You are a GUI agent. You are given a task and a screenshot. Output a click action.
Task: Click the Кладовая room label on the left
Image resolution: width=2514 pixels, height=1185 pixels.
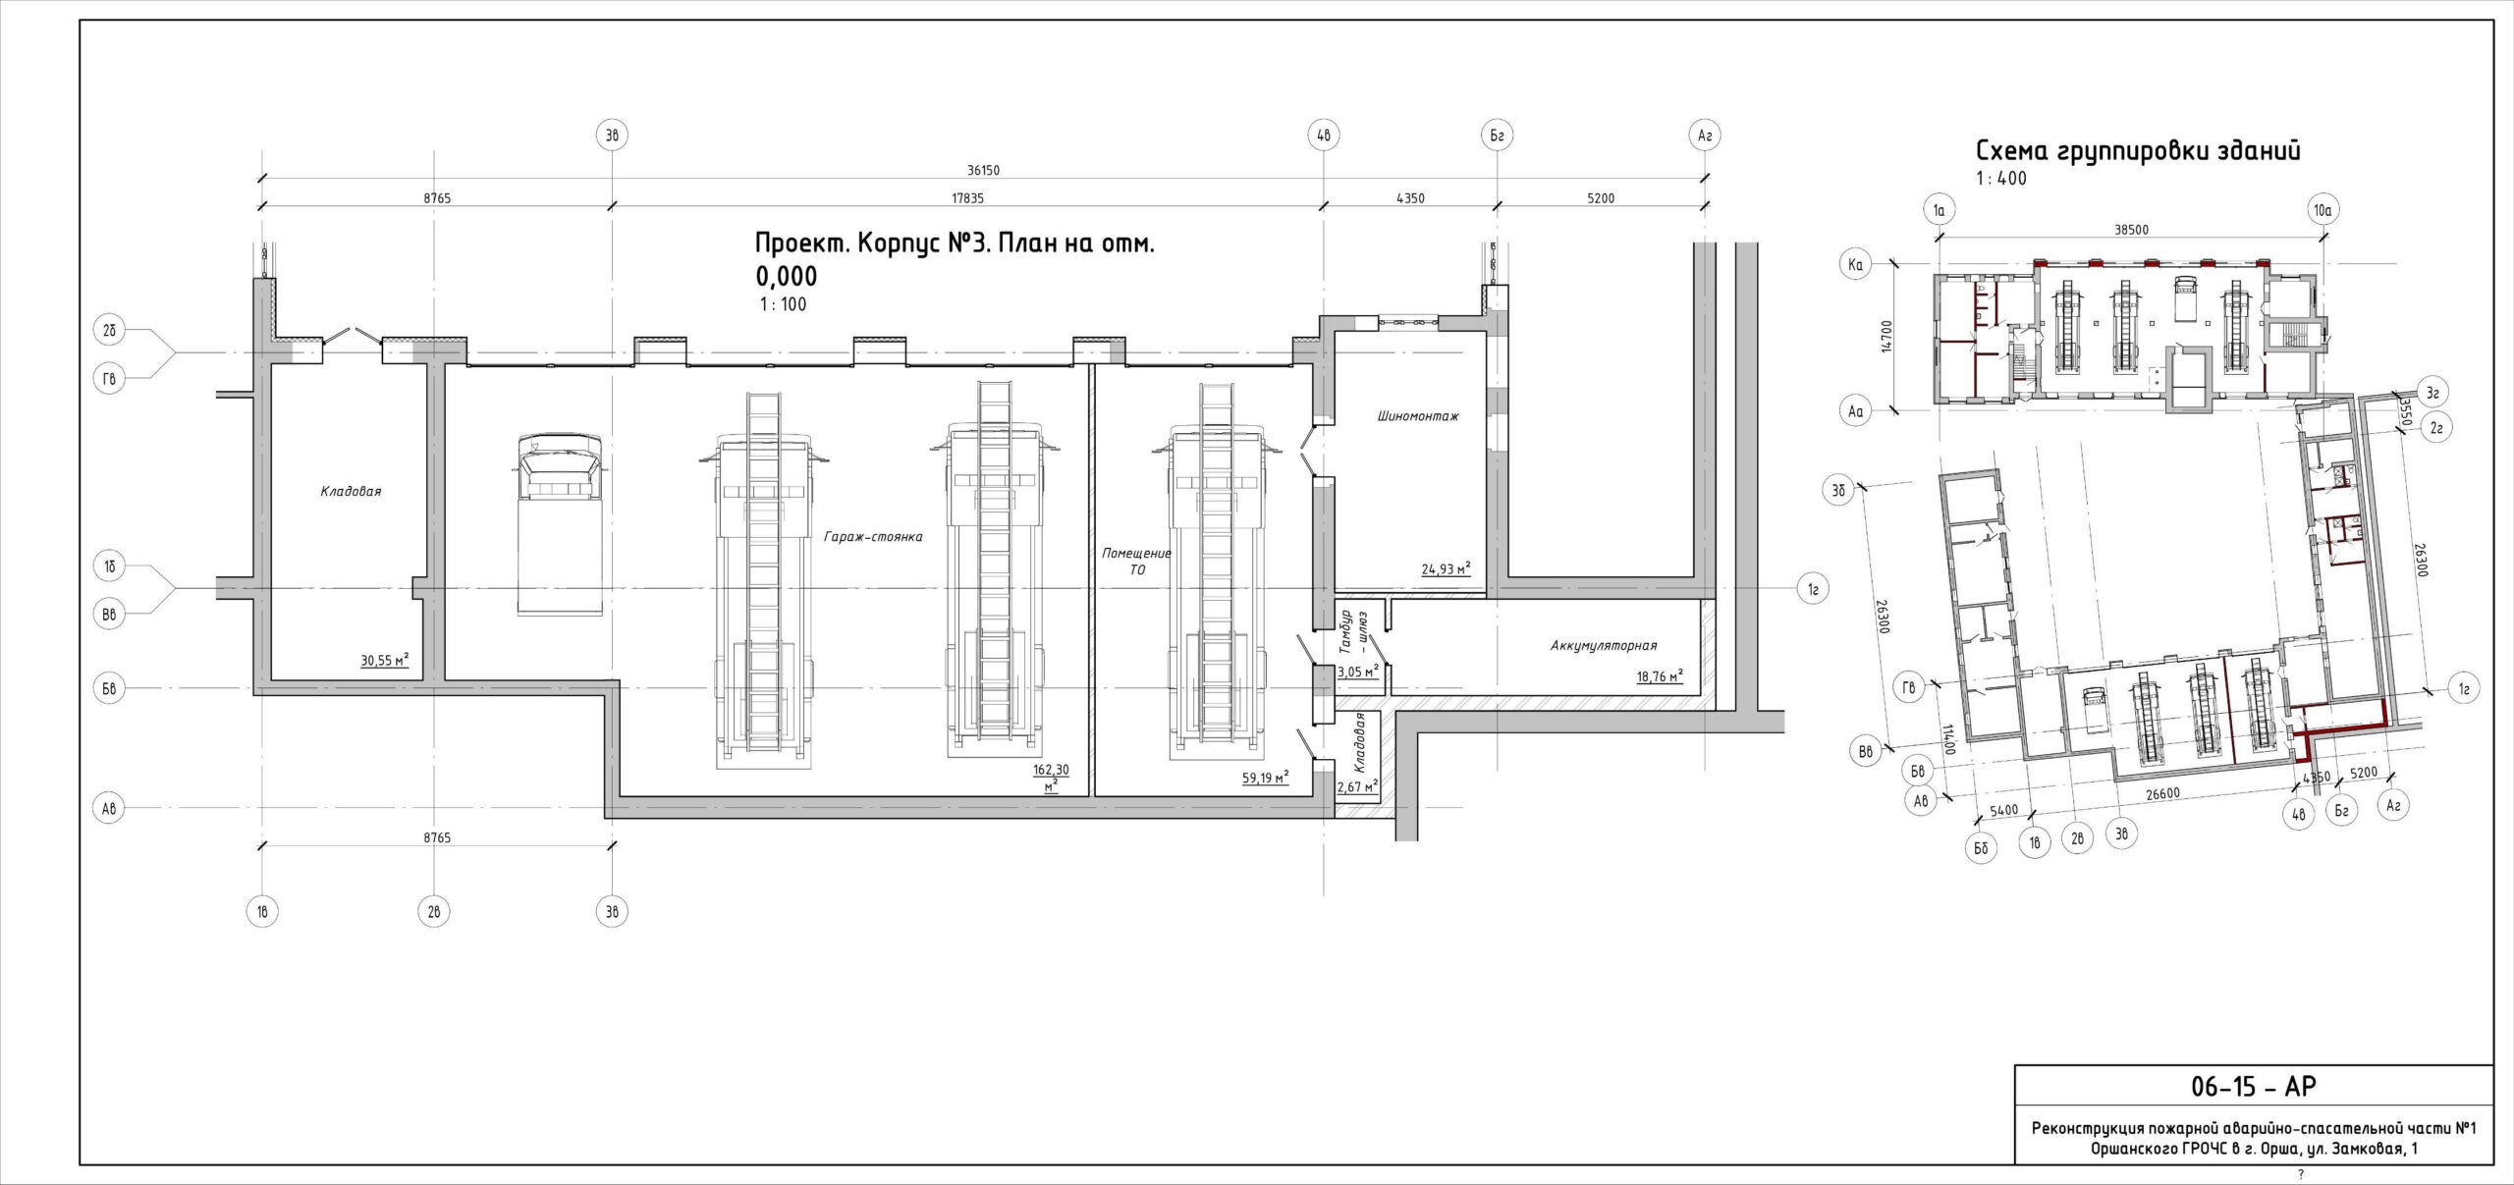pos(351,492)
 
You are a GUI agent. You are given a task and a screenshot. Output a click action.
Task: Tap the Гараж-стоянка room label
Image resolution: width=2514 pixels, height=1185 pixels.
pos(873,537)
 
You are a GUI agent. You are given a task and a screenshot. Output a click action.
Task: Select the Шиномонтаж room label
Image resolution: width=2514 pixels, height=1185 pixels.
pos(1417,416)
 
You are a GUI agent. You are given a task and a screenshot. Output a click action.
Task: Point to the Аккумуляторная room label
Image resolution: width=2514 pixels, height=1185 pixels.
pos(1604,645)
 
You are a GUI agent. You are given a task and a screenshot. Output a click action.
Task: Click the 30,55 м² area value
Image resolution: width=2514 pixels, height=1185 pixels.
pos(385,661)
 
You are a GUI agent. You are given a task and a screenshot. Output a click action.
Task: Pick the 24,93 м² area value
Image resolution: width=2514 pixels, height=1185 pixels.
pos(1446,568)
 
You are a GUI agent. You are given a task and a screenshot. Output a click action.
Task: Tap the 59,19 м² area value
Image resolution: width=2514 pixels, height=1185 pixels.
pos(1265,778)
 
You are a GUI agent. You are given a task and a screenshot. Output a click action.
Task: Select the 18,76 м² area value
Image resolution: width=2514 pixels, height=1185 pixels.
pos(1660,675)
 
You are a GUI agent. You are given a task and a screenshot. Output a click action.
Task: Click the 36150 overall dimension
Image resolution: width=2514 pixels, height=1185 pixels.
pos(983,170)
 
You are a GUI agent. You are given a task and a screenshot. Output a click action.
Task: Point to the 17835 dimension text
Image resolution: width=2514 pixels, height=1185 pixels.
pos(967,197)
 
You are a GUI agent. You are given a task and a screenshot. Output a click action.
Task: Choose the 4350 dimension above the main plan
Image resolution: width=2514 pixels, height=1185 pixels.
pos(1409,197)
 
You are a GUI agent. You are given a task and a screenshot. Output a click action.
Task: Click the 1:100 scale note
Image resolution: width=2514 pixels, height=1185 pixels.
pos(783,304)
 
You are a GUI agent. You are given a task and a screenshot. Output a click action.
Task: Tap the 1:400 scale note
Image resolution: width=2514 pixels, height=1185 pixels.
pos(2001,179)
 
